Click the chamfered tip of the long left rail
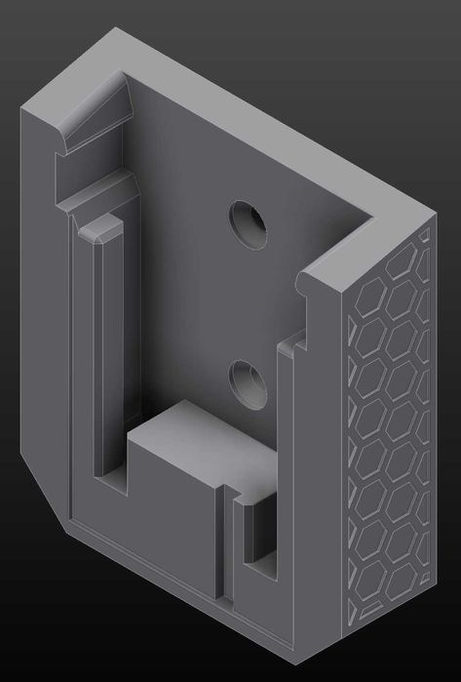[x=100, y=230]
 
